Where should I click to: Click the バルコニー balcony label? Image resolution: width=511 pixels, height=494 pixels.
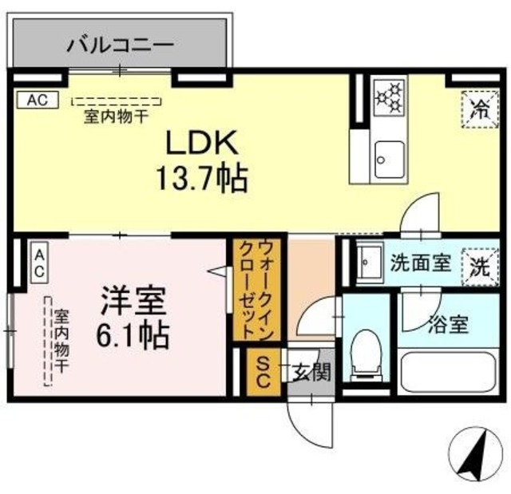point(120,45)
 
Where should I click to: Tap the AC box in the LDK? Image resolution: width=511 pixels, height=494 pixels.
point(38,100)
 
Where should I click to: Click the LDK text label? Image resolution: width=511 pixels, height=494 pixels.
point(202,143)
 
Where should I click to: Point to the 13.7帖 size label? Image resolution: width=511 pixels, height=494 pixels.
point(202,178)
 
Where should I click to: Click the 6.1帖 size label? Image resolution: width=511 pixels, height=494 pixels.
point(133,335)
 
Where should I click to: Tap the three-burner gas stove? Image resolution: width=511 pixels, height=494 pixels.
point(389,97)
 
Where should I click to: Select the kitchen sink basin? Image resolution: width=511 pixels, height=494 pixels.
point(390,159)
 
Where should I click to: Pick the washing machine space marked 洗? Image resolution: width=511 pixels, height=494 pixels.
point(481,267)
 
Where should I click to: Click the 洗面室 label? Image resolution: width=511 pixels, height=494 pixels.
point(421,263)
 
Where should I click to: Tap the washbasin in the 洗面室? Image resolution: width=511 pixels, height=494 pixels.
point(369,262)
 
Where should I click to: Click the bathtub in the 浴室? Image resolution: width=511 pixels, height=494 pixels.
point(450,372)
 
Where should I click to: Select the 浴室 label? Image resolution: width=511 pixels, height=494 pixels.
point(449,324)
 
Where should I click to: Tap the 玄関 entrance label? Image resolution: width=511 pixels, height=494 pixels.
point(312,372)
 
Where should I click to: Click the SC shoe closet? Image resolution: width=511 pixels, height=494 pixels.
point(263,372)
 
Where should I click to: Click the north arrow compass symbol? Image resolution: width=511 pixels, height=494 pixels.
point(476,456)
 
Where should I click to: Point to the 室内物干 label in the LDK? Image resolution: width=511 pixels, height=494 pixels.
point(117,116)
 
